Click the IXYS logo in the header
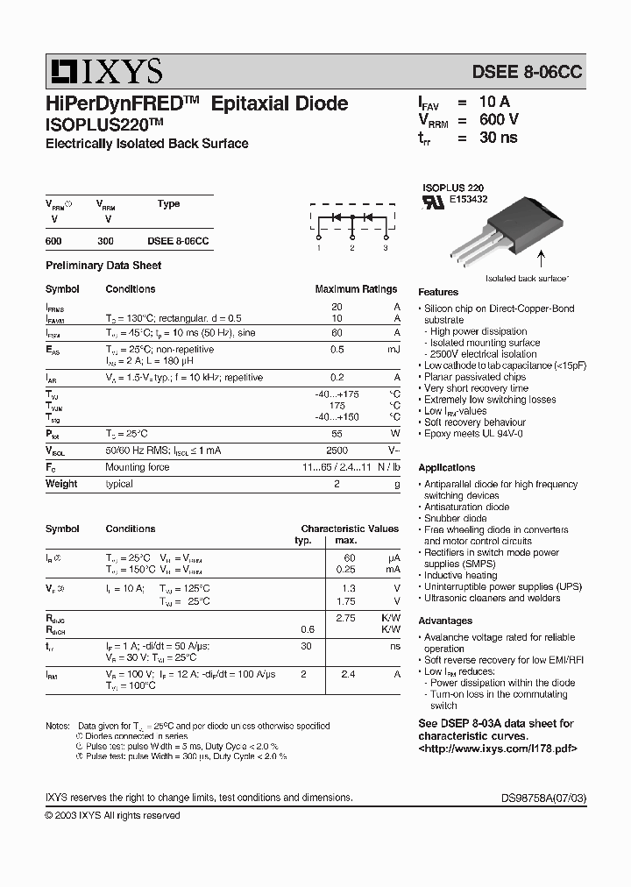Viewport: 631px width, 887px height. [104, 71]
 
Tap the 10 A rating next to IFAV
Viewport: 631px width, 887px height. [495, 102]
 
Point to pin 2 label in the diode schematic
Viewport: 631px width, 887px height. [351, 249]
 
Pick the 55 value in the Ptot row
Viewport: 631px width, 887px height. [337, 434]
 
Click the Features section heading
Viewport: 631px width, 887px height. [438, 292]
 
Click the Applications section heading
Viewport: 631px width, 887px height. [446, 468]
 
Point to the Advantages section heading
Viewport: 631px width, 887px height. [445, 621]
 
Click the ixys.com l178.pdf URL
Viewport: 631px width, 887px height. [498, 749]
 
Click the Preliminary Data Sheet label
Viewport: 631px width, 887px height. [103, 266]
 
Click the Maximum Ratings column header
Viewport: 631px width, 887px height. [356, 289]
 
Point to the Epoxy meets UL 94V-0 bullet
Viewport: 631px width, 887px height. [473, 434]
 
